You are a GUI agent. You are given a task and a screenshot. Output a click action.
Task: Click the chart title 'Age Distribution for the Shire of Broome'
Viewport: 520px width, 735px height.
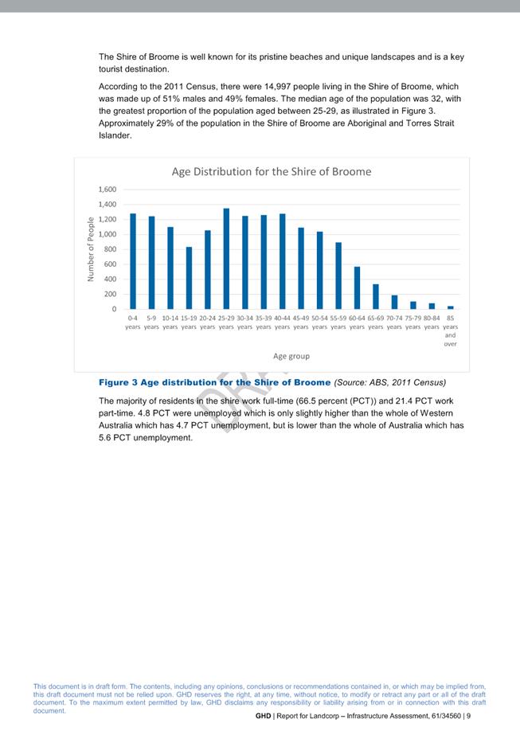(272, 171)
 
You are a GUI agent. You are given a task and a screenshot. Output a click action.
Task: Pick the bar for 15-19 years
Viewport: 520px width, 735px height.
(189, 278)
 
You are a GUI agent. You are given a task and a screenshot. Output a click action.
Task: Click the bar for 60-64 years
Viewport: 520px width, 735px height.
(357, 288)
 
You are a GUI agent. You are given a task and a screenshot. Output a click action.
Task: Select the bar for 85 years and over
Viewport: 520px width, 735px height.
(450, 307)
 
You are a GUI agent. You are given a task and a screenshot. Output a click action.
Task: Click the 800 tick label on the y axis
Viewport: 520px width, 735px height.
(111, 249)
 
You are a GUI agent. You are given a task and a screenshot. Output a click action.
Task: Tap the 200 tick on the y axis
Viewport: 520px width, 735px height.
(111, 294)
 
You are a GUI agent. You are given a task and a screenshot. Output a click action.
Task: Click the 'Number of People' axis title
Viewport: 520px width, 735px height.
(92, 249)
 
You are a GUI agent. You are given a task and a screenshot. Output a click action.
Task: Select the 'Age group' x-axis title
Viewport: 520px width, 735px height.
(291, 356)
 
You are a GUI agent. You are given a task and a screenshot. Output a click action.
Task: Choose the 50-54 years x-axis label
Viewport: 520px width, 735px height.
(319, 322)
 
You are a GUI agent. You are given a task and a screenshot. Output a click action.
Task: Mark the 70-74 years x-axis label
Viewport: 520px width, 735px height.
(394, 322)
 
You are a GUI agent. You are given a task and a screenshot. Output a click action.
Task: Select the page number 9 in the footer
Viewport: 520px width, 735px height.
(468, 717)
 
